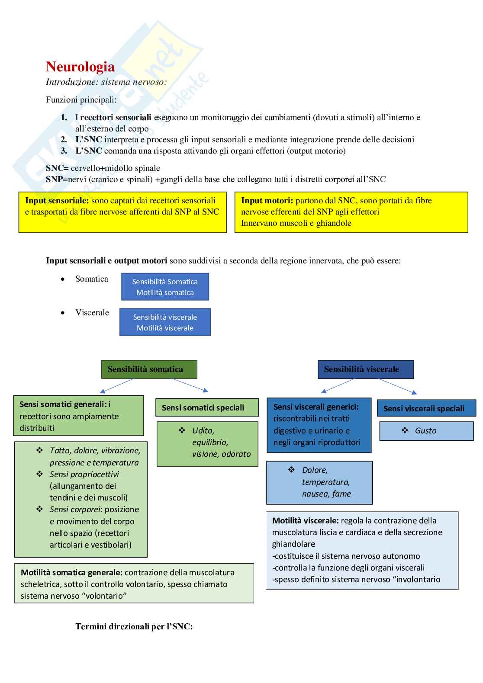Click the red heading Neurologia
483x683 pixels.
[x=80, y=67]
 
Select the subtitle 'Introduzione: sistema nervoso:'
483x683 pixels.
[x=106, y=82]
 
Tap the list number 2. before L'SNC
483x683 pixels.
[x=64, y=140]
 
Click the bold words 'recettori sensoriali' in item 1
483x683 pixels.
[x=116, y=117]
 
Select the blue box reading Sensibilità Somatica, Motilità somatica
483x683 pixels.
[x=165, y=287]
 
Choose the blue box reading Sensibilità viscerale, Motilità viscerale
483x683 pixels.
[x=165, y=322]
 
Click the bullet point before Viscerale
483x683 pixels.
[x=63, y=313]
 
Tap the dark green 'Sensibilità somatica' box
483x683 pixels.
[x=149, y=369]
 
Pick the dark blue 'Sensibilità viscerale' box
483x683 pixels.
[x=365, y=369]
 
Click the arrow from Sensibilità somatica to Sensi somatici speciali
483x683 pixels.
[x=190, y=385]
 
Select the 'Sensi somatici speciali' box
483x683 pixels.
[x=207, y=407]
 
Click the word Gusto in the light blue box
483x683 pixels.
[x=425, y=431]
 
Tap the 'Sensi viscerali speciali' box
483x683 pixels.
[x=426, y=408]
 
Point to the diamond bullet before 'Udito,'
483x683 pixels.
[x=182, y=430]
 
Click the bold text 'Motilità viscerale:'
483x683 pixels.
[x=305, y=521]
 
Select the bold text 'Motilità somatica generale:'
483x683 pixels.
[x=71, y=573]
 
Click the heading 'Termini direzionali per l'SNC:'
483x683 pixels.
[x=134, y=626]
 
